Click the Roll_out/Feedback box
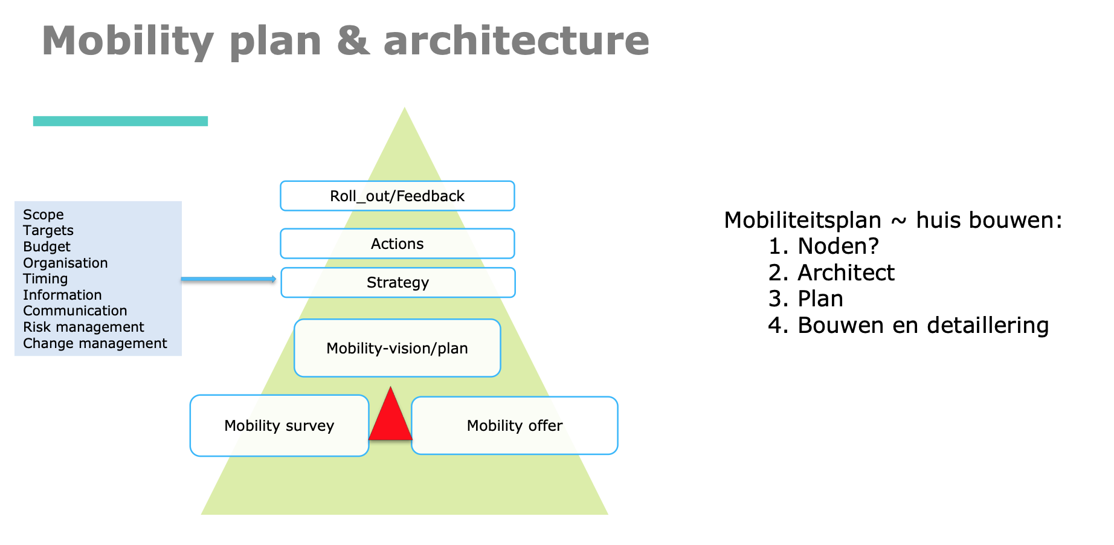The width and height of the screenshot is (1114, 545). click(398, 196)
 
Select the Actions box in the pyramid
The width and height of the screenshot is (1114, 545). click(398, 243)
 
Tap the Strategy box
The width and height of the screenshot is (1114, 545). click(398, 282)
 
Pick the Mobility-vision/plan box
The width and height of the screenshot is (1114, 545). click(398, 348)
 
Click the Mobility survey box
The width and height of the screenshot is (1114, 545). click(279, 425)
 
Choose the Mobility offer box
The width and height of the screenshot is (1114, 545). click(515, 425)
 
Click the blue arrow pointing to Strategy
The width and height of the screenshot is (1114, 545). click(229, 279)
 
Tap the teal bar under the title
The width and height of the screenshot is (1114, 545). click(120, 121)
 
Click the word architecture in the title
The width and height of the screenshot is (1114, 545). click(517, 40)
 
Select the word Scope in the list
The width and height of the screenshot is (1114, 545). click(43, 214)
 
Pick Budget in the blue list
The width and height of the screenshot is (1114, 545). click(47, 247)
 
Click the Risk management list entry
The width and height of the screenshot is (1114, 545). click(83, 327)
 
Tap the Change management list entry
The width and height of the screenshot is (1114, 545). click(95, 343)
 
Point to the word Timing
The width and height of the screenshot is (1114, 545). click(45, 279)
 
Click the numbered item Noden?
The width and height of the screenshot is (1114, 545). click(823, 246)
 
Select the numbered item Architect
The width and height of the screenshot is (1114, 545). click(831, 272)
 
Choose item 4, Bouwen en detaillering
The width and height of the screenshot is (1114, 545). click(909, 325)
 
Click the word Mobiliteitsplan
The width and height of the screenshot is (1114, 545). click(803, 220)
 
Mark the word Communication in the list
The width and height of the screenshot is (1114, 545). click(75, 311)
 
